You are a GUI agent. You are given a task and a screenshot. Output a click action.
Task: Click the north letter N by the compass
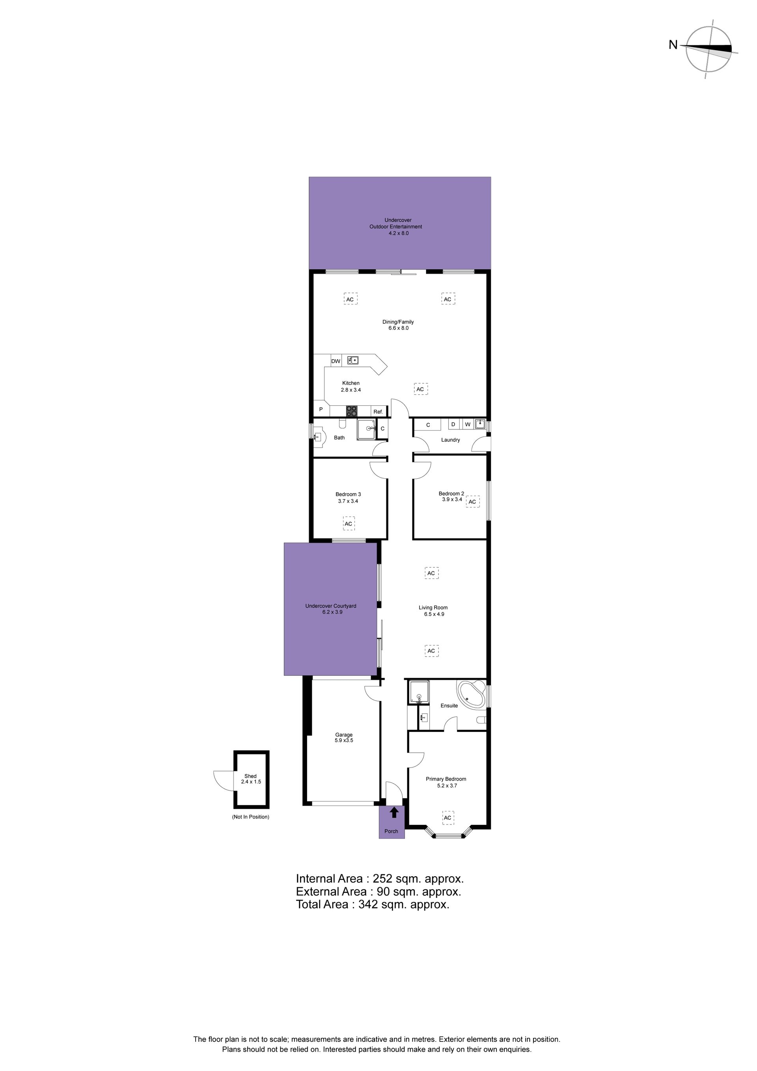(x=673, y=45)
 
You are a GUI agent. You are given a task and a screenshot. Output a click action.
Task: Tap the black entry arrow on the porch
(x=394, y=813)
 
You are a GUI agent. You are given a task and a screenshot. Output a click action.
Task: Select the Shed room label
(x=250, y=776)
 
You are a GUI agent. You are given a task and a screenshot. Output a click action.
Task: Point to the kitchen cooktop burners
(x=352, y=411)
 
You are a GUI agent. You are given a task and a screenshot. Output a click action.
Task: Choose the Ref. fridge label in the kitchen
(x=378, y=412)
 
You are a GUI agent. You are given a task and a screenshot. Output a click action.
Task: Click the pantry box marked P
(x=321, y=409)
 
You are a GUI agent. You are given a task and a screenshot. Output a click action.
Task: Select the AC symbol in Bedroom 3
(x=349, y=524)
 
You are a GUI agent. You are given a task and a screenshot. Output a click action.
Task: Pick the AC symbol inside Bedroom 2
(x=472, y=502)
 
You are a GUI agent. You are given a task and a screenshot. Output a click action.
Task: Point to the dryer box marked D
(x=453, y=424)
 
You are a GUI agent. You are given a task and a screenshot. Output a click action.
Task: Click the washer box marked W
(x=467, y=424)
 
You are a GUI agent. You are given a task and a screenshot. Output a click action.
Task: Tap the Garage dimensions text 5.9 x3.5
(x=344, y=740)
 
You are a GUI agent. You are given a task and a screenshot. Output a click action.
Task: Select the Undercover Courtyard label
(x=331, y=606)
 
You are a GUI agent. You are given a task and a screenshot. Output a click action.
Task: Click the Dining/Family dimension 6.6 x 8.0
(x=398, y=328)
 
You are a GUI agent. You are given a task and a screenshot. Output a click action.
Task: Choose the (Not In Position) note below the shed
(x=250, y=817)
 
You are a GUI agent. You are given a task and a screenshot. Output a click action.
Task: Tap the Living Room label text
(x=433, y=607)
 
